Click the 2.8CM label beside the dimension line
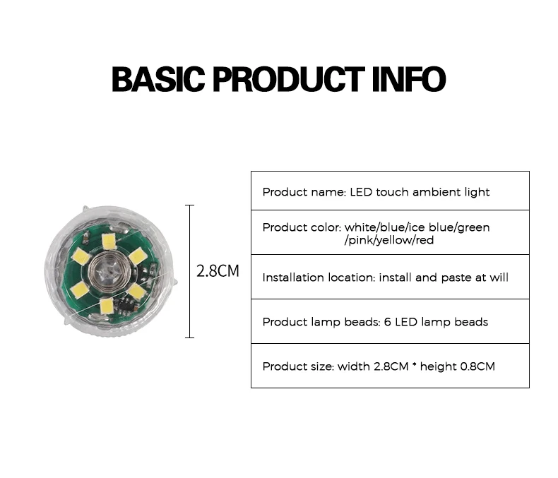pos(218,271)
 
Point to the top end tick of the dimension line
pos(189,205)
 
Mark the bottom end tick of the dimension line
pos(189,337)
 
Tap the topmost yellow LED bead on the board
pos(108,241)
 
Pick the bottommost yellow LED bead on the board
pos(106,305)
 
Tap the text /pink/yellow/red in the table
pos(389,240)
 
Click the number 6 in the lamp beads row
pos(389,322)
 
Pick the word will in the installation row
pos(499,277)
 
